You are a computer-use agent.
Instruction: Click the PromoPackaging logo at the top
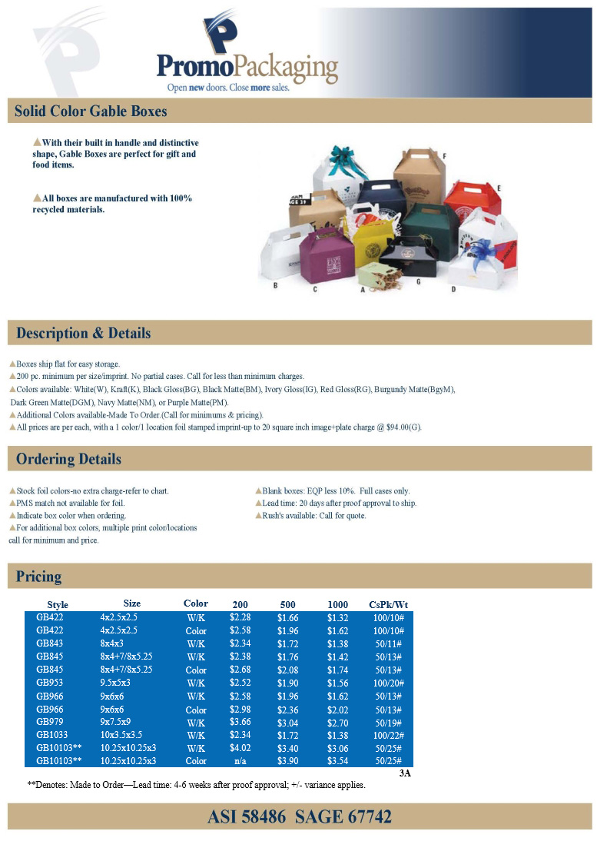coord(247,58)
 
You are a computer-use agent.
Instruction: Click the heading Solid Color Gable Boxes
coord(91,111)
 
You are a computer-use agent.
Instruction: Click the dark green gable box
coord(417,231)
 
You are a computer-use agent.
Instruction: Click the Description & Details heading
coord(84,334)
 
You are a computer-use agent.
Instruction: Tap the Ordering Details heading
coord(69,459)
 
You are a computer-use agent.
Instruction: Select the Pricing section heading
coord(39,576)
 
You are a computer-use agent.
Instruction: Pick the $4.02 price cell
coord(240,748)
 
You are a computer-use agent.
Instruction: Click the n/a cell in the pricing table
coord(240,761)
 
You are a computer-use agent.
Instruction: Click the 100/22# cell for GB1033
coord(390,735)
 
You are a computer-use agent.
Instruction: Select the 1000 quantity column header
coord(337,604)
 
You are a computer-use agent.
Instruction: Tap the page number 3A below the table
coord(405,773)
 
